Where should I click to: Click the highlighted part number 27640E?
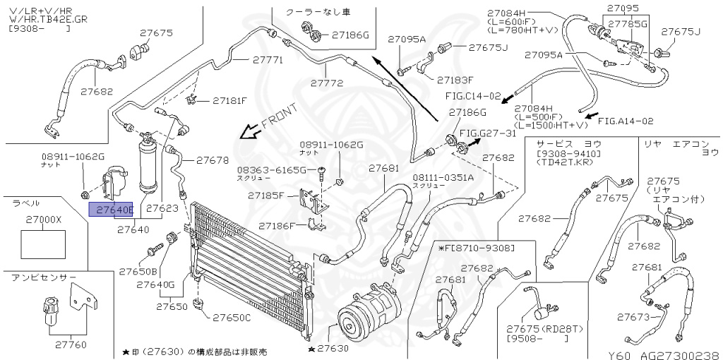[111, 210]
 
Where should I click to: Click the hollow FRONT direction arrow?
[249, 131]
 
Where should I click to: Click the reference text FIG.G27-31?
[488, 133]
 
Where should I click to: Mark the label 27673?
[633, 316]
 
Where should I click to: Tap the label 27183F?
[455, 80]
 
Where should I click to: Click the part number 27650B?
[138, 272]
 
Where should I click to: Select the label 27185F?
[271, 196]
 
